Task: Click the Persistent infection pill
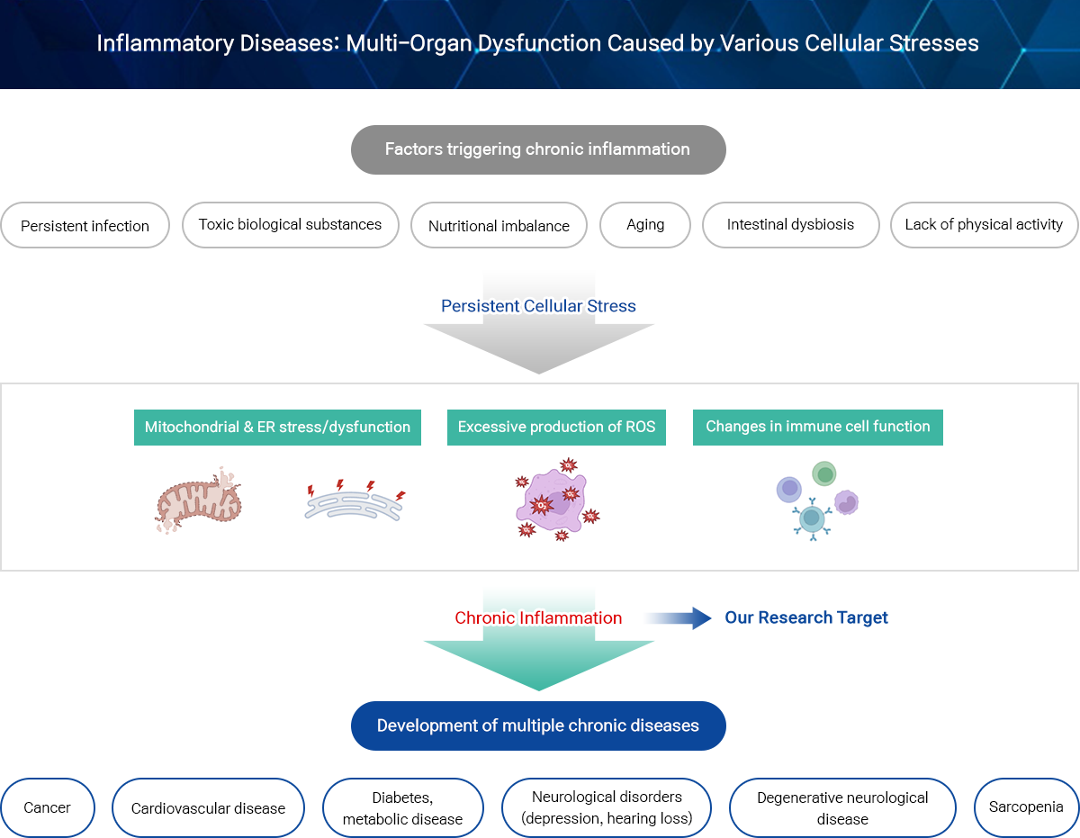coord(85,225)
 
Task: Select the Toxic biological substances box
coord(291,225)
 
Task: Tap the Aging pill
coord(645,225)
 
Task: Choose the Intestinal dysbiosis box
coord(790,225)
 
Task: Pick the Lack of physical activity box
coord(984,225)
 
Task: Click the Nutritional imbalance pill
coord(499,225)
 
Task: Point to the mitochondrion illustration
coord(198,500)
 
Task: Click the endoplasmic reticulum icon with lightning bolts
coord(355,501)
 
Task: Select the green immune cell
coord(824,473)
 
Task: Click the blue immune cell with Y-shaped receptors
coord(812,518)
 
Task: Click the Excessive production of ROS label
coord(556,427)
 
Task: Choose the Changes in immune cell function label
coord(817,427)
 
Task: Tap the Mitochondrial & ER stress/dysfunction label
coord(277,427)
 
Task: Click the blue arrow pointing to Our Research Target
coord(678,617)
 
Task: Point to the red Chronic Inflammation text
coord(538,617)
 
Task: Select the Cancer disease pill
coord(47,807)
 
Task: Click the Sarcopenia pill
coord(1026,807)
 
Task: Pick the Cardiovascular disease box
coord(208,807)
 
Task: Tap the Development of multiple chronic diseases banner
coord(538,725)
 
